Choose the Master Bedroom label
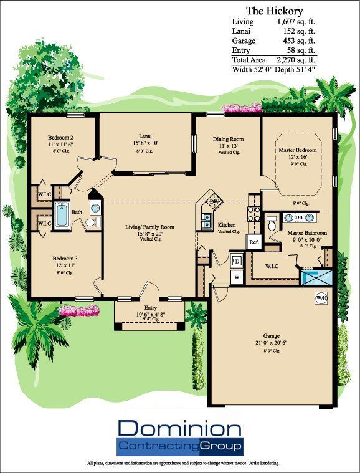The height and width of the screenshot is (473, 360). click(x=297, y=150)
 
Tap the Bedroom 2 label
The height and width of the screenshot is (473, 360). click(x=61, y=138)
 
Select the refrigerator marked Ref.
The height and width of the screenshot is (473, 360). click(x=253, y=242)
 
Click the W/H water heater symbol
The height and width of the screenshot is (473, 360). click(x=321, y=297)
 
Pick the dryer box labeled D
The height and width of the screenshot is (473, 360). click(x=237, y=260)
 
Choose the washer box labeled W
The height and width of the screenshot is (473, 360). click(x=237, y=275)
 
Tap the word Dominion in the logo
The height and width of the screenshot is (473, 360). click(x=179, y=429)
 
